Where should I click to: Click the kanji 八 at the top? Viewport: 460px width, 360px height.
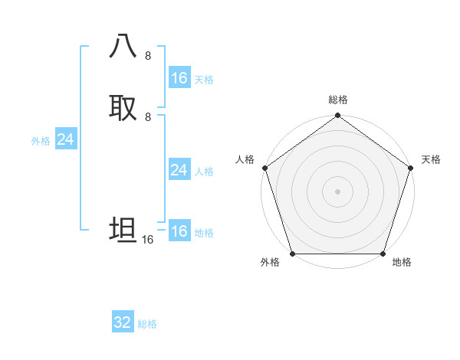[123, 47]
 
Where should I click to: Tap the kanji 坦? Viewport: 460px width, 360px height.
[123, 230]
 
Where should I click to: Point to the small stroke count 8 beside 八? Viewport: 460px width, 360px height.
[148, 56]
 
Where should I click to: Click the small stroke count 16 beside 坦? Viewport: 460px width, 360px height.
[148, 240]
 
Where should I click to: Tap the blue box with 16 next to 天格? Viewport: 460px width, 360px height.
[179, 78]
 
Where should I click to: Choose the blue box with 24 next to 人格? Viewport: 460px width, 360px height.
[179, 170]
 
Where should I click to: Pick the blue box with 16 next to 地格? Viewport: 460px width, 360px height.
[179, 231]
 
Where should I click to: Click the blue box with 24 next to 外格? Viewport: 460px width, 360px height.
[66, 139]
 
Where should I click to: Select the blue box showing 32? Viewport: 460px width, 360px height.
[123, 322]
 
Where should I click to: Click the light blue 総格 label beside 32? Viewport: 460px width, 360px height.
[147, 324]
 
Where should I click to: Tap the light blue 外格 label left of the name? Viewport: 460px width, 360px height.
[41, 141]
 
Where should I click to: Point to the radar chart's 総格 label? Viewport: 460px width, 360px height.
[337, 100]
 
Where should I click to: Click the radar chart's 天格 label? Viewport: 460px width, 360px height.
[431, 159]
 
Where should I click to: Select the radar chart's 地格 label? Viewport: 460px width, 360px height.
[402, 262]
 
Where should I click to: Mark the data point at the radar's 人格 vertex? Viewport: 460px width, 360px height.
[264, 167]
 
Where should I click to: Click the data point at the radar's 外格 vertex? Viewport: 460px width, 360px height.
[292, 253]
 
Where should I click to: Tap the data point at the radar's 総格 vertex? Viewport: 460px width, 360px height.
[337, 116]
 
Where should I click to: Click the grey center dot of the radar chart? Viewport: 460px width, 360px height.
[337, 191]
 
